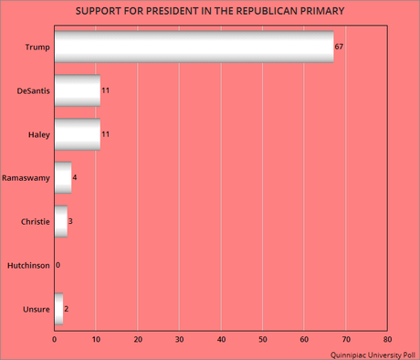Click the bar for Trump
[x=194, y=46]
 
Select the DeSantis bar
[x=78, y=90]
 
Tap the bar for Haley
[x=78, y=133]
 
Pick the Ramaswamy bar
[x=63, y=177]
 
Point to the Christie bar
[x=60, y=221]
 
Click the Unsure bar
[x=58, y=309]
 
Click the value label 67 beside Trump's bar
[x=340, y=46]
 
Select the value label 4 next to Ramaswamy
[x=75, y=177]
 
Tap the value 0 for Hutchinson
[x=58, y=265]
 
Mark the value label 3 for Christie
[x=71, y=221]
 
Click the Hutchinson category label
[x=27, y=265]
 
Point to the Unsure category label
[x=37, y=309]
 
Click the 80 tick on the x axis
[x=388, y=340]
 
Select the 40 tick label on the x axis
[x=222, y=340]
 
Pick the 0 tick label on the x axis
[x=55, y=340]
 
